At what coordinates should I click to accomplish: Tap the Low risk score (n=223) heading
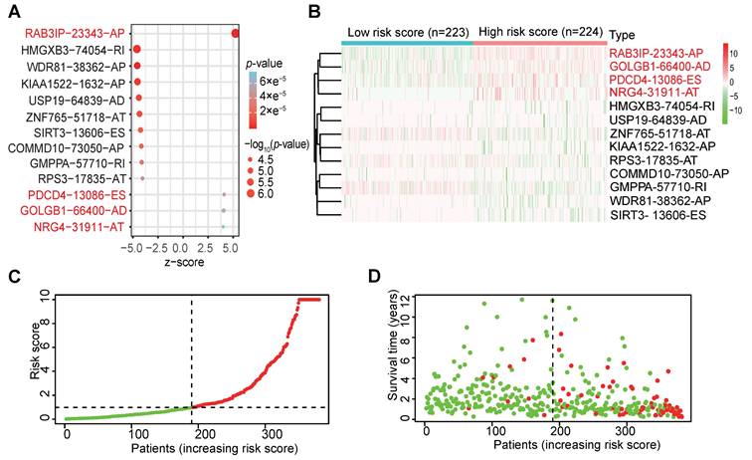pyautogui.click(x=409, y=31)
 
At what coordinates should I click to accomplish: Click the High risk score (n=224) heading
pyautogui.click(x=537, y=31)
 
